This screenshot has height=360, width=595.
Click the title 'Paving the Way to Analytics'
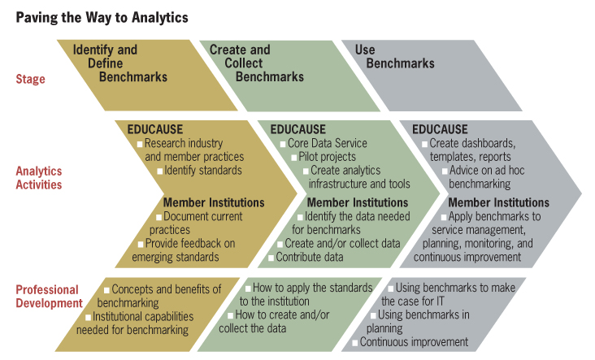coord(102,18)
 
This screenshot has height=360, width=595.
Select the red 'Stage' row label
coord(30,79)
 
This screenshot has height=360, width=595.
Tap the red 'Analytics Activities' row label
coord(39,177)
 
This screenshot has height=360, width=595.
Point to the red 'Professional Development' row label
coord(49,297)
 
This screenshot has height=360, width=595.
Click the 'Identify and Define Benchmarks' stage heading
coord(120,63)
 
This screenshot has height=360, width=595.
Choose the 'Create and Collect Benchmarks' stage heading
coord(257,63)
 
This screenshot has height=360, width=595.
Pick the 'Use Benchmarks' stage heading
coord(395,57)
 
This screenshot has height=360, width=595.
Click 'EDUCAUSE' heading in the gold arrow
coord(154,129)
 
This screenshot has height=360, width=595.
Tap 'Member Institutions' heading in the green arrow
coord(358,202)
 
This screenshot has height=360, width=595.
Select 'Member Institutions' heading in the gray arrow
coord(498,202)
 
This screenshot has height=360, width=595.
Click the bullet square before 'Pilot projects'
coord(293,158)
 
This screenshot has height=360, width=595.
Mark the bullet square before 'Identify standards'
coord(160,171)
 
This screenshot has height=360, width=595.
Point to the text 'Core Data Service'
coord(327,143)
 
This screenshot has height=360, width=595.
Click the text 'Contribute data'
coord(309,257)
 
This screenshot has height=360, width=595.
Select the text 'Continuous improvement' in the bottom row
coord(414,342)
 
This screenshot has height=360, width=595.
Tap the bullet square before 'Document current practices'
coord(159,217)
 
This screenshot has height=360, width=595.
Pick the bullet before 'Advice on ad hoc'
coord(445,171)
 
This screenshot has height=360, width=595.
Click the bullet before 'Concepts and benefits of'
coord(106,290)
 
